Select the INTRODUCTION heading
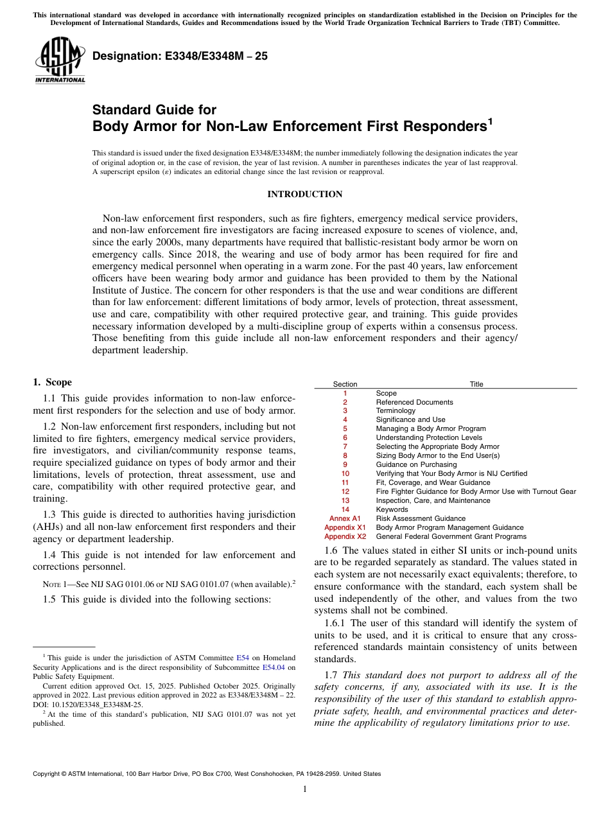(305, 194)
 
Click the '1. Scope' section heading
(53, 382)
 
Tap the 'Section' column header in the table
(345, 384)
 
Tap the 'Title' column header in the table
(476, 384)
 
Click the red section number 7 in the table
(345, 446)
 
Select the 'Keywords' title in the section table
(392, 509)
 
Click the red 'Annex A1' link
(345, 518)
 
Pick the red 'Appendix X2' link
(345, 536)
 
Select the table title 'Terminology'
(396, 410)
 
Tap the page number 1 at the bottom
(305, 789)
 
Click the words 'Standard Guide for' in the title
(155, 110)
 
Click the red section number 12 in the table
(345, 491)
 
